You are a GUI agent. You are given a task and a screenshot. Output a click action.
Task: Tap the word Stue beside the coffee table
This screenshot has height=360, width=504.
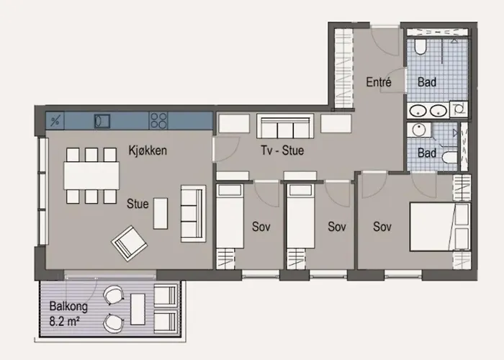point(137,204)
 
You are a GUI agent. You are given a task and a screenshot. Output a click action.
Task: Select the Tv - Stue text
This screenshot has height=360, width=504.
point(282,151)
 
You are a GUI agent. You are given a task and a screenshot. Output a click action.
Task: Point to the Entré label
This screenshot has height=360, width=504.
point(378,82)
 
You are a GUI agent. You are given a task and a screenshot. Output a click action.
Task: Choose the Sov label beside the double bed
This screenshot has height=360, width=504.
point(382,227)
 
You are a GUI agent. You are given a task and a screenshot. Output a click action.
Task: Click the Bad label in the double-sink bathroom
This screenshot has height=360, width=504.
point(427,83)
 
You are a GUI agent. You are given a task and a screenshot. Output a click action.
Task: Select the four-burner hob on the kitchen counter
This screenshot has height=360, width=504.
point(159,120)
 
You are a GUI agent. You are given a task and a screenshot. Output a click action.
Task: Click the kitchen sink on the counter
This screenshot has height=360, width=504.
point(102,120)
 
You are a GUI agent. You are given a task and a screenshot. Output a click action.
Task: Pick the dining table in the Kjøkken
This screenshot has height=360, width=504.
point(91,175)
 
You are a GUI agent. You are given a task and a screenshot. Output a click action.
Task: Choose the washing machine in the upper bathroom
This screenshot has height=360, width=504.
point(458,109)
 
